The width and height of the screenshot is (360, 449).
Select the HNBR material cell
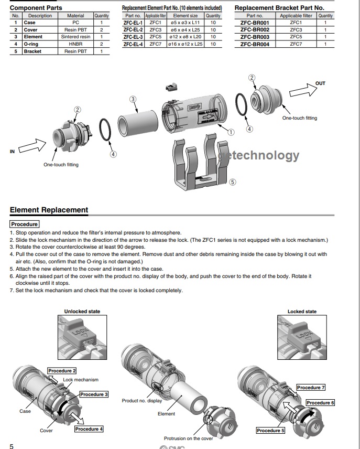tap(75, 44)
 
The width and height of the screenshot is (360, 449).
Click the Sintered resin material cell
tap(75, 37)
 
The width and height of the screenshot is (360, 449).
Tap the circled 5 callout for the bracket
tap(233, 183)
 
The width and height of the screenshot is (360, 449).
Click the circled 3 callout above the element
tap(133, 99)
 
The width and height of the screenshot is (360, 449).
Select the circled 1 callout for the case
tap(231, 132)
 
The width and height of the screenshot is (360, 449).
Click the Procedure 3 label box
tap(94, 394)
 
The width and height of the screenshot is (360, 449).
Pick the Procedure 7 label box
tap(311, 388)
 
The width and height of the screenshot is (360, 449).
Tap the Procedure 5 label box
tap(270, 431)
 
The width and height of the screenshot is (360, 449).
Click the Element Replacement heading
tap(49, 210)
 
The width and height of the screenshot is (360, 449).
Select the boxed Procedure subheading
tap(24, 224)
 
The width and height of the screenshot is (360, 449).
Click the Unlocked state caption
tap(82, 312)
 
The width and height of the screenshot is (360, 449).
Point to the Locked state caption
tap(302, 312)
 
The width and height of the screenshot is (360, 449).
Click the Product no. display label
tap(142, 401)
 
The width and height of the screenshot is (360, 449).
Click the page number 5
tap(12, 446)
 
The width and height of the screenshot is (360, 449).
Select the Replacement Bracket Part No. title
tap(279, 8)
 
